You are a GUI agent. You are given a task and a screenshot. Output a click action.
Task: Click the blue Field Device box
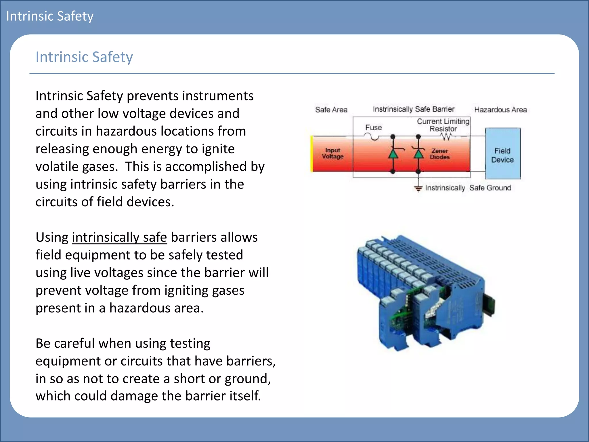click(503, 154)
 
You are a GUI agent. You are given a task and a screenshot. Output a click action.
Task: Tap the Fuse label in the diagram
click(373, 127)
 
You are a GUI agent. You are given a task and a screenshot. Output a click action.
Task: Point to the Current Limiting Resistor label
click(443, 125)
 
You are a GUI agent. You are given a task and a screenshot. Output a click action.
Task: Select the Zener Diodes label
click(439, 154)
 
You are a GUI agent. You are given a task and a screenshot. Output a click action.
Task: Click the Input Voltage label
click(332, 153)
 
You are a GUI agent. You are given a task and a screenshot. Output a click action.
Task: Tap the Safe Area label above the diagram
click(331, 110)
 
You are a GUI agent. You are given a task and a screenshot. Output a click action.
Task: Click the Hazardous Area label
click(500, 110)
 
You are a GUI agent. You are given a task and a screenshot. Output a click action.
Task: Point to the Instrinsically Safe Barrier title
click(413, 109)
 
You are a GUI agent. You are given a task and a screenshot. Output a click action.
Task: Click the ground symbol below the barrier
click(418, 188)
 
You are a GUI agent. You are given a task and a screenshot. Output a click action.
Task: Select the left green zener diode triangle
click(393, 154)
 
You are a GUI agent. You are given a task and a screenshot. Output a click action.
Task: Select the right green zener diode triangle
click(418, 154)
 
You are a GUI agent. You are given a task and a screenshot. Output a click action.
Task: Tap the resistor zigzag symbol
click(446, 137)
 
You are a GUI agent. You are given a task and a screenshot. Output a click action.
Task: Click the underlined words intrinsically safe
click(119, 237)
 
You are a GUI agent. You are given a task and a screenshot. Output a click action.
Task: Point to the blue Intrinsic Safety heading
click(84, 57)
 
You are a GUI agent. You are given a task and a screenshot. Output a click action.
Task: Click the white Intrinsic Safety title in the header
click(50, 16)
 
